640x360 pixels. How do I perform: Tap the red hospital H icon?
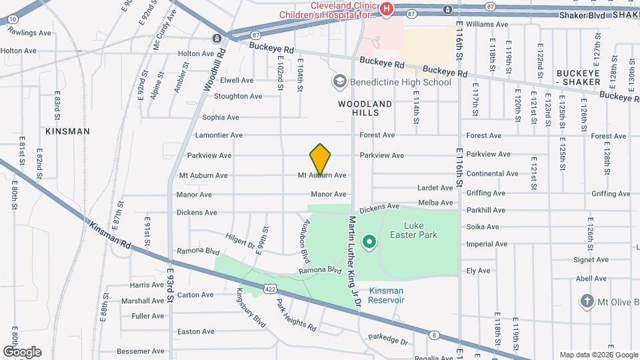(x=387, y=9)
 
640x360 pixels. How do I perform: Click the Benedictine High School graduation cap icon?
(x=339, y=81)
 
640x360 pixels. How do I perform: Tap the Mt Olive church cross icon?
(x=587, y=301)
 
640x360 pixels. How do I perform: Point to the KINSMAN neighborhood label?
(x=67, y=131)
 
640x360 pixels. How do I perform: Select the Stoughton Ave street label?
(x=238, y=96)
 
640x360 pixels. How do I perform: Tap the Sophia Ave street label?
(x=221, y=117)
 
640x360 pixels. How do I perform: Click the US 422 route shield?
(x=269, y=289)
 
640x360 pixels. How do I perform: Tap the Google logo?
(x=22, y=351)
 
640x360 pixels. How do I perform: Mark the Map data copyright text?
(x=598, y=354)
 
